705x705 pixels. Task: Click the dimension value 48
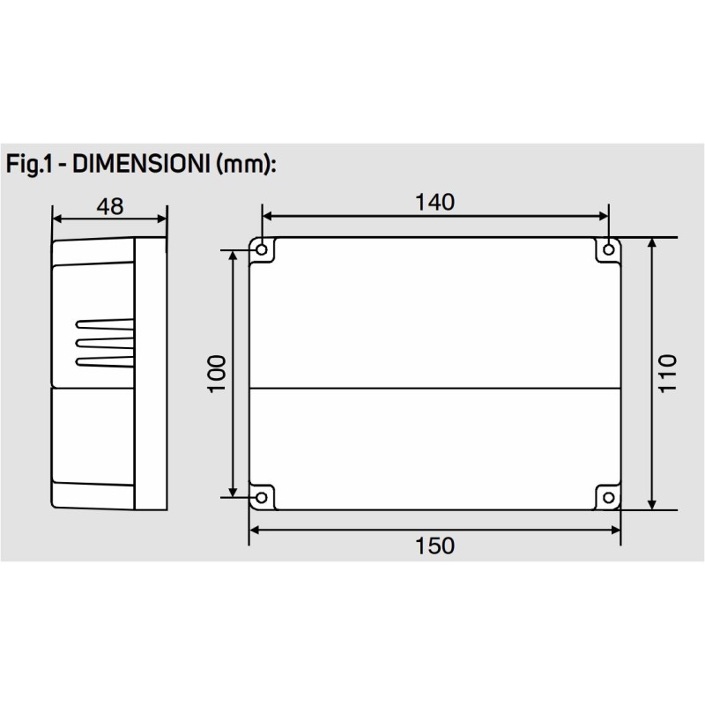pyautogui.click(x=109, y=205)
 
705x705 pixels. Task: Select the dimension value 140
pyautogui.click(x=434, y=202)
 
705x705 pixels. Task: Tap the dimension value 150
pyautogui.click(x=434, y=545)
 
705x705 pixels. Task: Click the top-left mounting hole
pyautogui.click(x=262, y=251)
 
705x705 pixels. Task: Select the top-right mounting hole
pyautogui.click(x=608, y=251)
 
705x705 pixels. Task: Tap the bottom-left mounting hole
pyautogui.click(x=262, y=499)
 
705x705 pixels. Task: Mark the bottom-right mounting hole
pyautogui.click(x=608, y=499)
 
